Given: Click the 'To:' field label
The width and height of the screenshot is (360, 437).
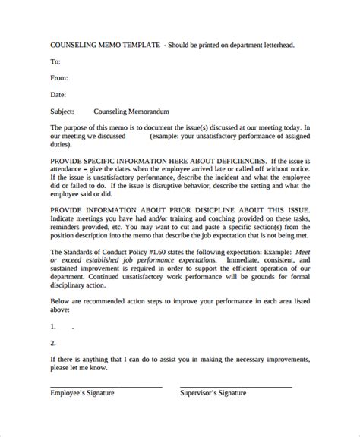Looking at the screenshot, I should tap(55, 61).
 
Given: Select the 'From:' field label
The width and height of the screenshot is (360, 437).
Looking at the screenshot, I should tap(59, 78).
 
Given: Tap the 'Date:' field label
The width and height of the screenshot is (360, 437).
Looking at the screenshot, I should tap(58, 95).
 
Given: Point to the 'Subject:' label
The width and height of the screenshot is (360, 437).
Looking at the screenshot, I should tap(63, 112).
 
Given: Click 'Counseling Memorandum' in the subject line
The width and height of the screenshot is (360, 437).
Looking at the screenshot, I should tap(131, 112).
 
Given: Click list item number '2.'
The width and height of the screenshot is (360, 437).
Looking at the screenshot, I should tap(54, 344).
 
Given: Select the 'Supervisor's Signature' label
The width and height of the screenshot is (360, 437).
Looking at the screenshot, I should tap(215, 393).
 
